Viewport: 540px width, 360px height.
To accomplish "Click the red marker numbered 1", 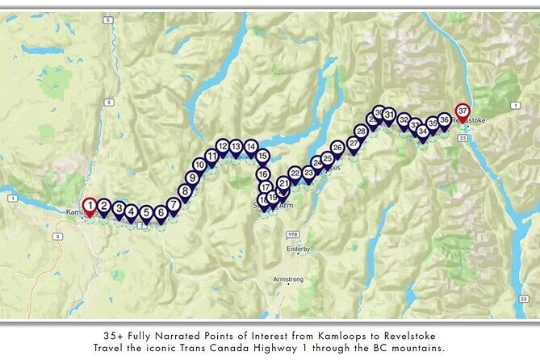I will pos(90,206).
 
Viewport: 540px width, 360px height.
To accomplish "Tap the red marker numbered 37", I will pos(463,110).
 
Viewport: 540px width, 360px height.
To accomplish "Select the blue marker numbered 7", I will pos(174,205).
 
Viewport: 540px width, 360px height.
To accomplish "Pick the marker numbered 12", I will pos(223,147).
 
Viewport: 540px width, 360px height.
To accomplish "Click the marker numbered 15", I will pos(262,157).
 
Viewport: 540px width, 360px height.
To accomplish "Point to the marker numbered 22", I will pos(295,174).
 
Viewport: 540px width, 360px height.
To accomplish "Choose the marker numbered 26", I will pos(337,148).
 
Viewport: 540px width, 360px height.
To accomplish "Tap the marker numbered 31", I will pos(389,115).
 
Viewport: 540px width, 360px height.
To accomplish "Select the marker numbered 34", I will pos(423,130).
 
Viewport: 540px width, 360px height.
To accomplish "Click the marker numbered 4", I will pos(132,211).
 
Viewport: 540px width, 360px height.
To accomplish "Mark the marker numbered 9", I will pos(192,178).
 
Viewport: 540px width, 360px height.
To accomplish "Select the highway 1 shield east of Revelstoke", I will pos(514,106).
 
